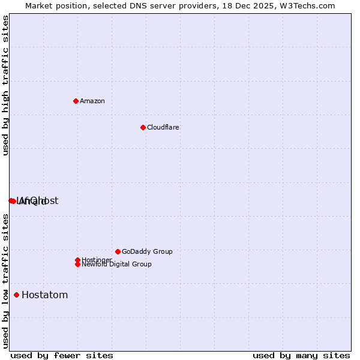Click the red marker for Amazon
pos(76,101)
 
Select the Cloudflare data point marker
pos(143,127)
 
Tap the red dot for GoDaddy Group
pos(118,251)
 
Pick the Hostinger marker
pos(77,260)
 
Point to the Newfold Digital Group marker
pos(77,264)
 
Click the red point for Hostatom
pos(16,295)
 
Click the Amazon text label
pos(92,101)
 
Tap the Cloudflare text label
pos(163,127)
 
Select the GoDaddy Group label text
pos(147,251)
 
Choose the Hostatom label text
pos(44,295)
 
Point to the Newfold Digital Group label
pos(116,265)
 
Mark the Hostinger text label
pos(96,259)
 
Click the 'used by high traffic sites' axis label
pos(5,86)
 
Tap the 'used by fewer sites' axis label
pos(62,355)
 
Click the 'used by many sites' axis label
pos(301,355)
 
